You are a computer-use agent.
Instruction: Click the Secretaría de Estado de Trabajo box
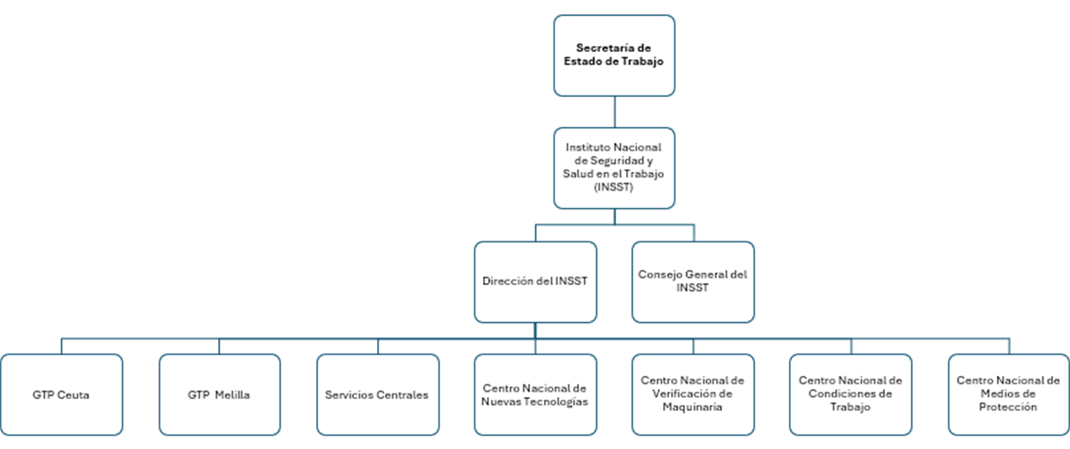coord(614,55)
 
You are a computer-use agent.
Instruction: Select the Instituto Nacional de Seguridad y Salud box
coord(614,168)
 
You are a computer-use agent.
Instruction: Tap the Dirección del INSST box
coord(535,281)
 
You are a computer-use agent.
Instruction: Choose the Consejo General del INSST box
coord(693,281)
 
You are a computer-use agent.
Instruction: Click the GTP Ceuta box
coord(61,394)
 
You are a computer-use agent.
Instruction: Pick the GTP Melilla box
coord(219,394)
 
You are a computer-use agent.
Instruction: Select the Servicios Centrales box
coord(377,394)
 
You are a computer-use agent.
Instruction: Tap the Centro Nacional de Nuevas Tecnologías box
coord(535,394)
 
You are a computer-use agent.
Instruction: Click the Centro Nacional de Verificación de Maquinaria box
coord(693,394)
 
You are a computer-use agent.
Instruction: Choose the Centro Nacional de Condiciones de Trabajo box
coord(850,394)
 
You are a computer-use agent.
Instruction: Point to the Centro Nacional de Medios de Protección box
coord(1008,394)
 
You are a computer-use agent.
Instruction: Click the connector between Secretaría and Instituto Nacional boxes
coord(614,112)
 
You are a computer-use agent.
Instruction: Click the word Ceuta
coord(73,395)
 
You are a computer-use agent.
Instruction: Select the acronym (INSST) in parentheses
coord(614,187)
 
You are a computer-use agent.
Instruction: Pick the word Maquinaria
coord(693,408)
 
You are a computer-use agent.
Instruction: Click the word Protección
coord(1008,408)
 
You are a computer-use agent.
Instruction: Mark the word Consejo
coord(659,275)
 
